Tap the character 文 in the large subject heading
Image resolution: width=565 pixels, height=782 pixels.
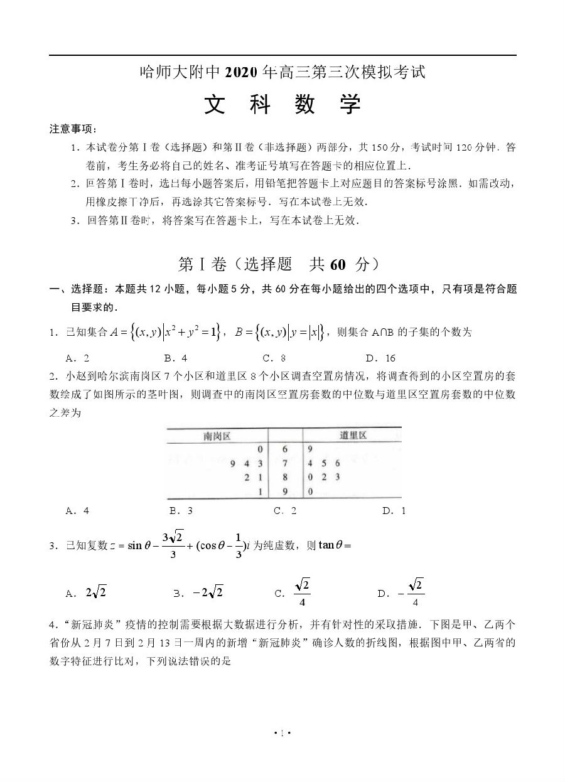pyautogui.click(x=215, y=105)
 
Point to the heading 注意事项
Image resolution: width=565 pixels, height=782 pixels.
pyautogui.click(x=73, y=129)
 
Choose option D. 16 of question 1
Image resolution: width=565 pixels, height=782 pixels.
pyautogui.click(x=381, y=358)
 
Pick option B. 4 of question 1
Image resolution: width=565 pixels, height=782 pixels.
pyautogui.click(x=176, y=358)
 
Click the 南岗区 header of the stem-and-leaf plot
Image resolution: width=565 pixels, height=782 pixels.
pyautogui.click(x=217, y=436)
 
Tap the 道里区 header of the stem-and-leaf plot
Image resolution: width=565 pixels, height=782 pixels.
pyautogui.click(x=353, y=436)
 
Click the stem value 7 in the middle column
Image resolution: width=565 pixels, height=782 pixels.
pyautogui.click(x=285, y=464)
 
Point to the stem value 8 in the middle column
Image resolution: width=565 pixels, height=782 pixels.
pyautogui.click(x=285, y=478)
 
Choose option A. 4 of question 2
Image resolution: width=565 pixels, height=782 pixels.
pyautogui.click(x=77, y=511)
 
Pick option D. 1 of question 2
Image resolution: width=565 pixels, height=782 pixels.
pyautogui.click(x=394, y=511)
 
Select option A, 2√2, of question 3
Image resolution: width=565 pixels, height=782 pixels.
pyautogui.click(x=86, y=592)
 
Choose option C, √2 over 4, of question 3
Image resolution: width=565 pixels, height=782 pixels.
pyautogui.click(x=293, y=592)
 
